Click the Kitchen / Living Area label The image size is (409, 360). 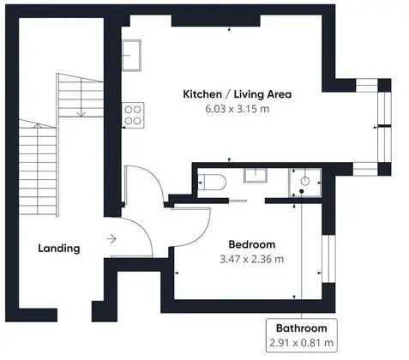click(238, 94)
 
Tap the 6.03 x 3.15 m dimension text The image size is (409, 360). click(238, 109)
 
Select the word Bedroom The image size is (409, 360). click(252, 244)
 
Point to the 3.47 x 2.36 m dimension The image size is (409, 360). click(252, 259)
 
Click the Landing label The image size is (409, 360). click(59, 249)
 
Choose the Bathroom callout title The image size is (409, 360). click(302, 328)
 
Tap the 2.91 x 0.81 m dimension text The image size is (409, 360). click(302, 343)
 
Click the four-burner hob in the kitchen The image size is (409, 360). click(133, 115)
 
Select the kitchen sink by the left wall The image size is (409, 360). click(132, 55)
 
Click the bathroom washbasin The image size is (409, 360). click(256, 175)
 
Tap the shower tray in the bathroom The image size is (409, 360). click(305, 183)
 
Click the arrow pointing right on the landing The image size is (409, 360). click(111, 238)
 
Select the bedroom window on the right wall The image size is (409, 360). click(328, 259)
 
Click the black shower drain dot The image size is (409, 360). click(301, 191)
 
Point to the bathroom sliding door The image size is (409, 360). click(238, 201)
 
